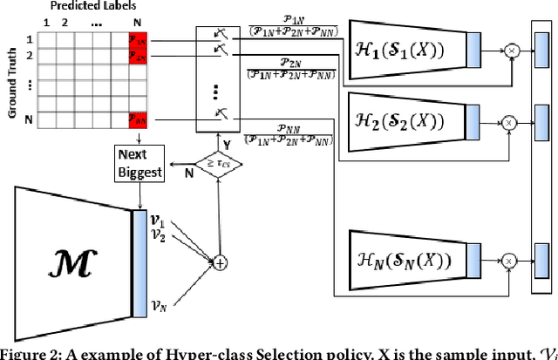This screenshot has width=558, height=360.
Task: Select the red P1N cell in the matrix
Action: pyautogui.click(x=138, y=40)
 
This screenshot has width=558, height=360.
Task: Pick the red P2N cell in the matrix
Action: pyautogui.click(x=138, y=57)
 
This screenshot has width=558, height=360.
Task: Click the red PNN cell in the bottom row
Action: pyautogui.click(x=138, y=118)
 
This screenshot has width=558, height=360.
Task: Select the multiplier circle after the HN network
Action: pyautogui.click(x=510, y=258)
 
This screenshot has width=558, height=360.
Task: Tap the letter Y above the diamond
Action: pyautogui.click(x=203, y=143)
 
